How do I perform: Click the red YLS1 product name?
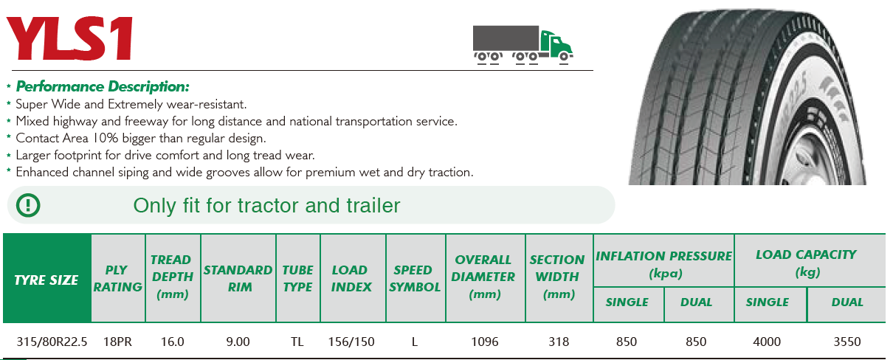tap(70, 38)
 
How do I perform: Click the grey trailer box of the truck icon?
tap(506, 38)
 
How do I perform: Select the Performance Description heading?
tap(103, 86)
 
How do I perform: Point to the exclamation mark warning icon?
tap(28, 205)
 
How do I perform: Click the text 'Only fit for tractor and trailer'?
tap(266, 206)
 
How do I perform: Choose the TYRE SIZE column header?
tap(46, 280)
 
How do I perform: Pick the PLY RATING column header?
tap(117, 278)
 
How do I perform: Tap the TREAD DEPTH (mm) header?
tap(172, 277)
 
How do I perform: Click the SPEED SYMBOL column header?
tap(415, 278)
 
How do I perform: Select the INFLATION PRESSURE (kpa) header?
tap(663, 264)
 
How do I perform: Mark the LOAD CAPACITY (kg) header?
tap(806, 263)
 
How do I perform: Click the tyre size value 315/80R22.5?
tap(52, 342)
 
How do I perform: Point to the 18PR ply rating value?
tap(117, 342)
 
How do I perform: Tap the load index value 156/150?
tap(351, 342)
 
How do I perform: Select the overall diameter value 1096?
tap(485, 342)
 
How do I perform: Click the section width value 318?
tap(559, 342)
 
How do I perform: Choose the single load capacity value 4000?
tap(767, 342)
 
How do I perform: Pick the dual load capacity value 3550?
tap(847, 342)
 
